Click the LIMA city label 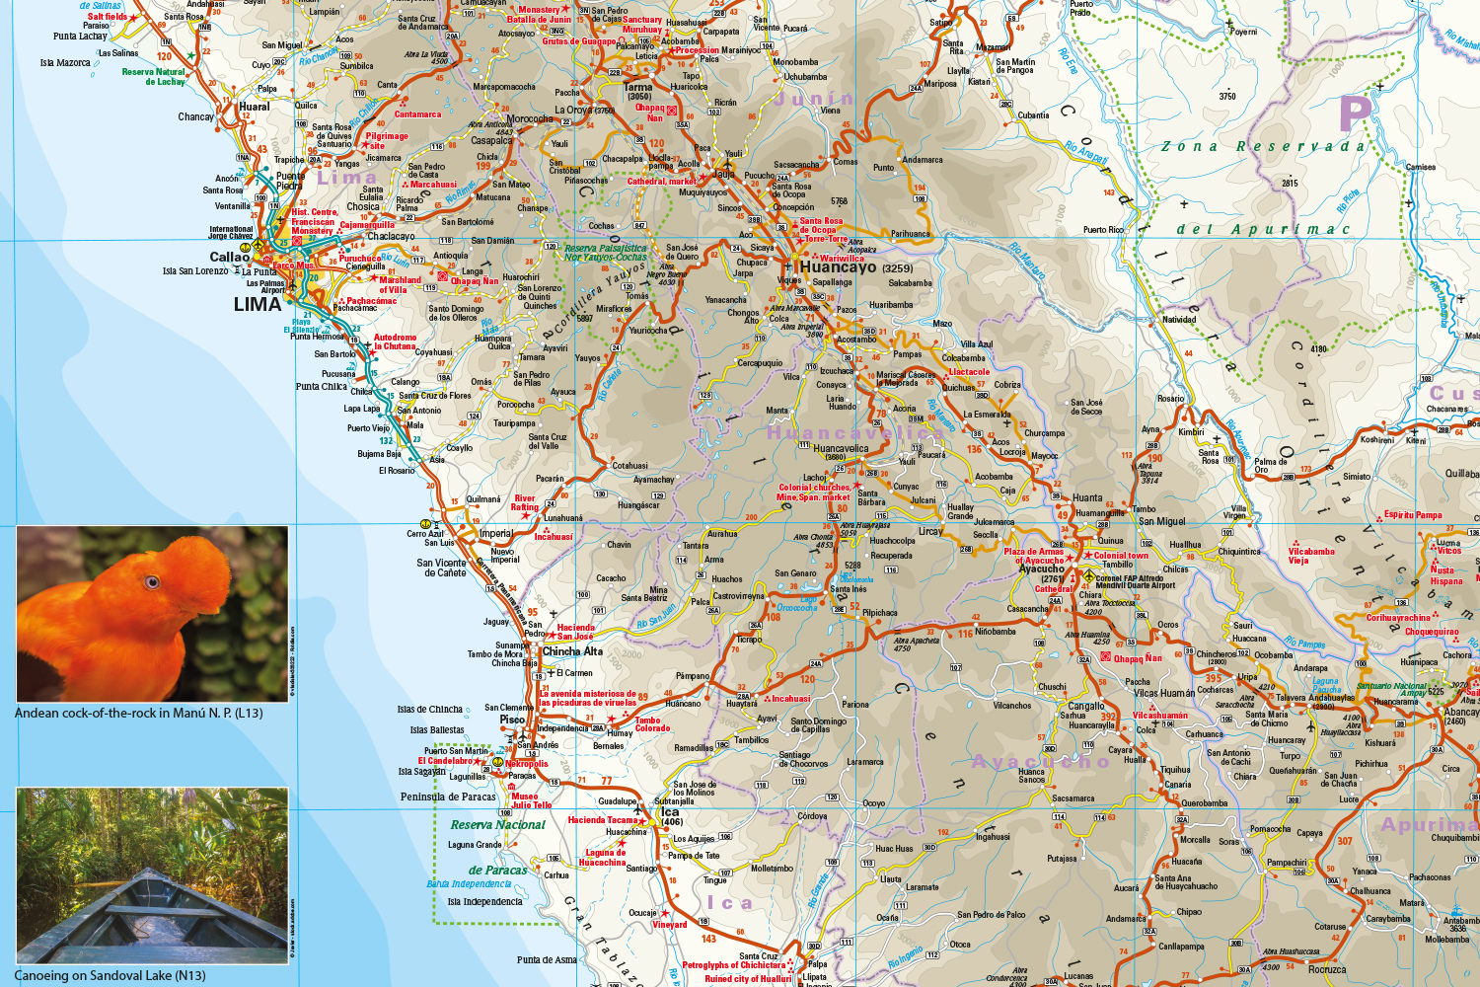258,304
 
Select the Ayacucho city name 1042,569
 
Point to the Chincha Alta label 572,651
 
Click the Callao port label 229,257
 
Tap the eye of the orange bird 152,582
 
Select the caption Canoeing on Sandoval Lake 111,975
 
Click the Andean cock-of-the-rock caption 138,713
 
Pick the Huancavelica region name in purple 854,433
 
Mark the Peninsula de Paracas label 448,797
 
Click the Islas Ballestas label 437,730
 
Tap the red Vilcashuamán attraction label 1160,716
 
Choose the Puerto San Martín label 456,751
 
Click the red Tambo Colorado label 651,724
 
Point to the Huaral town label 254,107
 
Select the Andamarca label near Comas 923,160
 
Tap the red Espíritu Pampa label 1413,514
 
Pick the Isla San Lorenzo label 195,271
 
